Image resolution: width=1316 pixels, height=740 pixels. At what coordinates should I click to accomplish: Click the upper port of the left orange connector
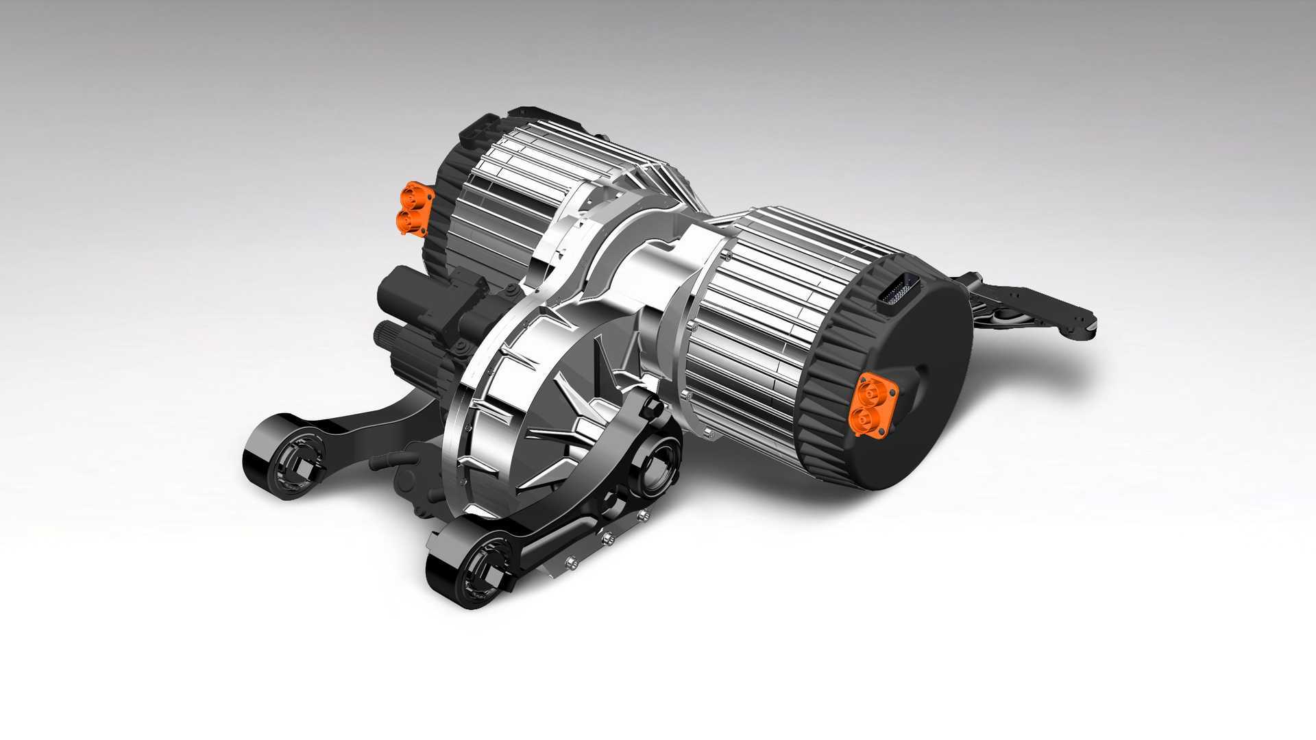413,193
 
